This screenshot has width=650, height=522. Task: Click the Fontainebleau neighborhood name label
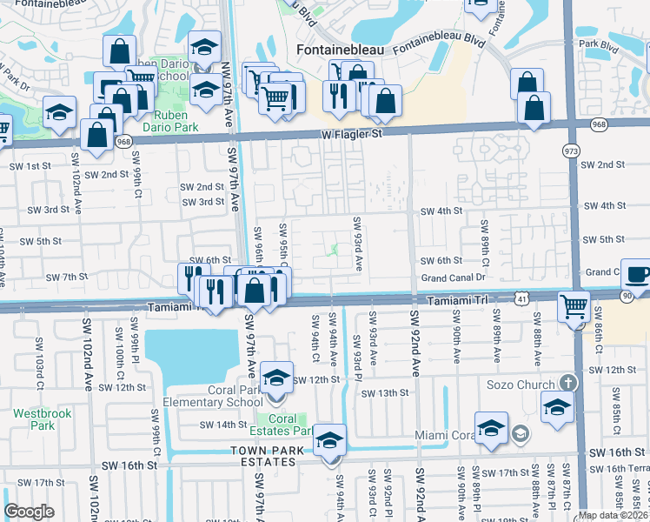[339, 50]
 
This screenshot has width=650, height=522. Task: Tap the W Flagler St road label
[352, 135]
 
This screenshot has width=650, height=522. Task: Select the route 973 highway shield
[571, 151]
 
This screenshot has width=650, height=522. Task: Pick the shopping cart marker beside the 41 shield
[574, 306]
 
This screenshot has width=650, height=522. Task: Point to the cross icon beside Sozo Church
[567, 384]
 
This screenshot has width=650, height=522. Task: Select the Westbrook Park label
[32, 419]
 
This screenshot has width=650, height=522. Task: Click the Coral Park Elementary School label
[213, 396]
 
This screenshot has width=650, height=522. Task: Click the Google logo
[29, 512]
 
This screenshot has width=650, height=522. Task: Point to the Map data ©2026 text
[613, 515]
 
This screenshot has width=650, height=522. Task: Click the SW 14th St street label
[223, 425]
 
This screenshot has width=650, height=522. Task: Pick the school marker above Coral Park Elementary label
[276, 378]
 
